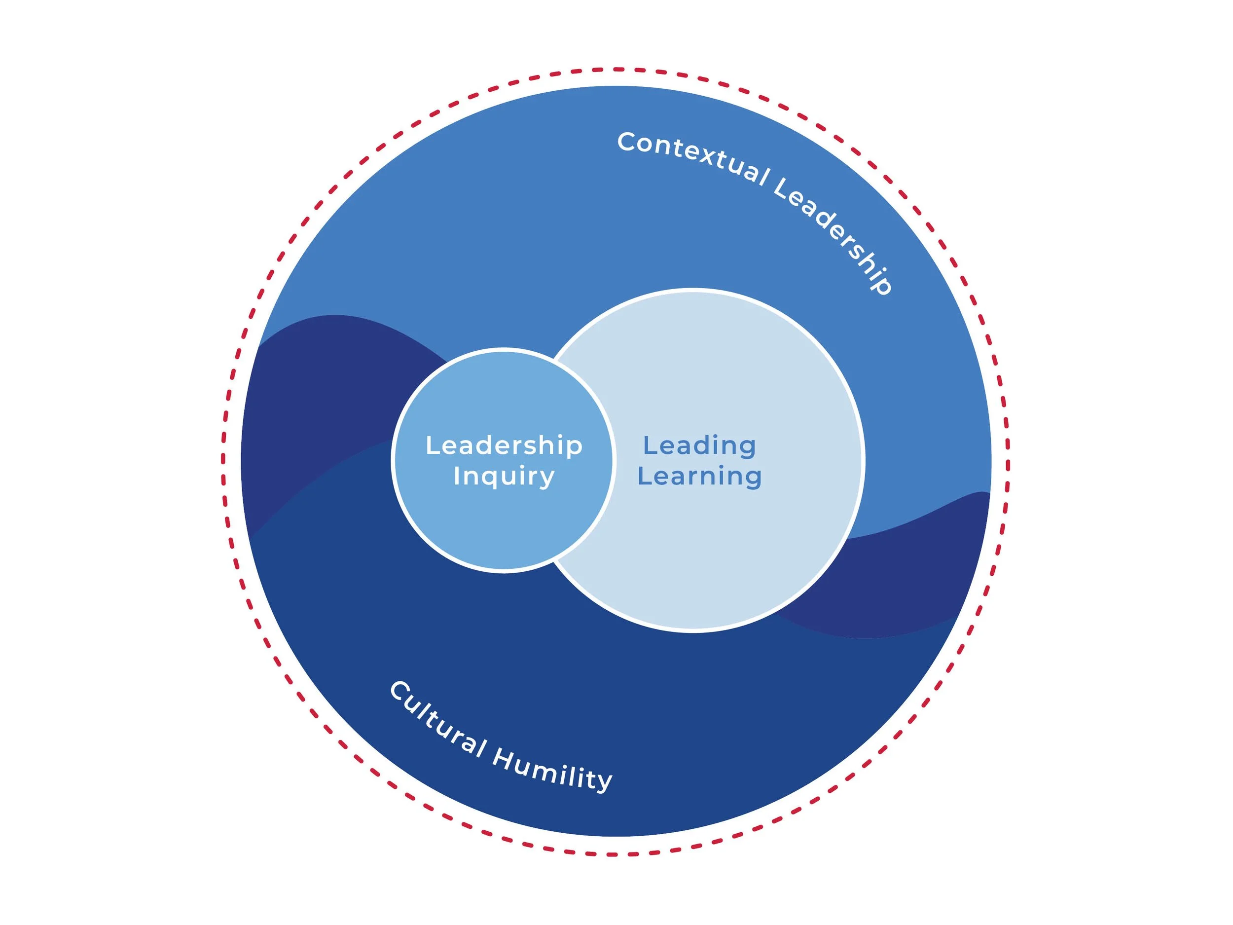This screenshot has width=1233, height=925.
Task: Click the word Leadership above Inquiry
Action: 504,445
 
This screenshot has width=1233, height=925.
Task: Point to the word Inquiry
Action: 504,477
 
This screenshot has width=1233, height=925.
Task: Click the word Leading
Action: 699,445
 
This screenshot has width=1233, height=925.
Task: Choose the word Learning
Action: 699,477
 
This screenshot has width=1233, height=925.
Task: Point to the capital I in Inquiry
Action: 457,476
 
